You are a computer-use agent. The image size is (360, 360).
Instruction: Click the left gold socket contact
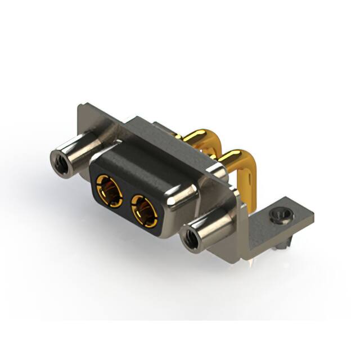click(110, 190)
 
